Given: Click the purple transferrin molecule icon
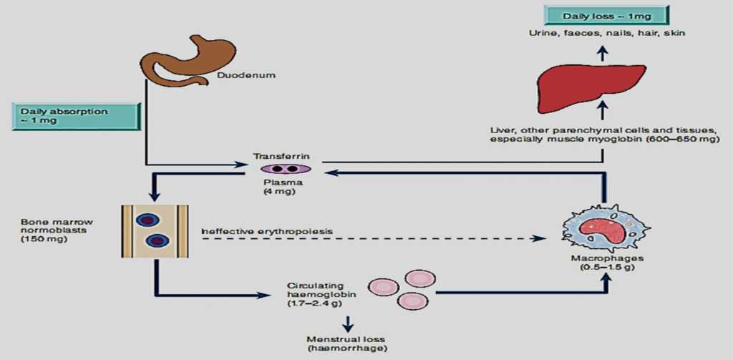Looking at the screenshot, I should point(285,169).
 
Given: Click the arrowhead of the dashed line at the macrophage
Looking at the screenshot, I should point(538,238).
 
